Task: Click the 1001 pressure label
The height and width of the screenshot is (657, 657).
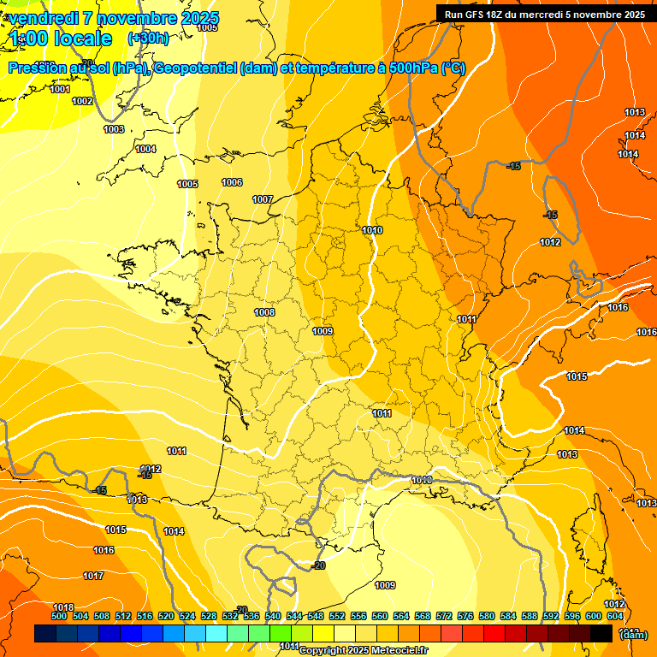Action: tap(60, 89)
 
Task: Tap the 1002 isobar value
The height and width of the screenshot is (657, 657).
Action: tap(82, 101)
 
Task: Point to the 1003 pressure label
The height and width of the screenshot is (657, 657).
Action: tap(114, 129)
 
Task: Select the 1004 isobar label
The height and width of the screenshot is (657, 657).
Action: tap(145, 149)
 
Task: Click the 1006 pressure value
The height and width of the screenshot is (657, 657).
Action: tap(232, 182)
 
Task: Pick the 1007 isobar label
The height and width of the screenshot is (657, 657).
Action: tap(263, 199)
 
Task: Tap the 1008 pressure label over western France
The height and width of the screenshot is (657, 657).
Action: tap(264, 312)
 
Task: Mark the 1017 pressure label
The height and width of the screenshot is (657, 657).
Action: tap(93, 576)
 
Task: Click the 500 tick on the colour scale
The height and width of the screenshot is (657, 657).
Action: tap(59, 616)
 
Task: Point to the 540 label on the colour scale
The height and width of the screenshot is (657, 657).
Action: tap(273, 616)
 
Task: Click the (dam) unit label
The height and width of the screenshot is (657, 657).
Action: tap(633, 635)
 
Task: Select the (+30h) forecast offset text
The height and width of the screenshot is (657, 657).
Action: tap(148, 38)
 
